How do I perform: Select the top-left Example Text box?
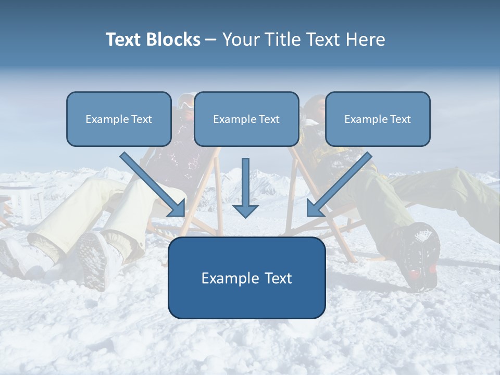pyautogui.click(x=119, y=119)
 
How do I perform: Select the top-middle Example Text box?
pyautogui.click(x=246, y=119)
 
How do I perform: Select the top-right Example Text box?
pyautogui.click(x=378, y=119)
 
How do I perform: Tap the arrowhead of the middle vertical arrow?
pyautogui.click(x=245, y=210)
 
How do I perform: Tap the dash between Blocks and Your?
pyautogui.click(x=211, y=40)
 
